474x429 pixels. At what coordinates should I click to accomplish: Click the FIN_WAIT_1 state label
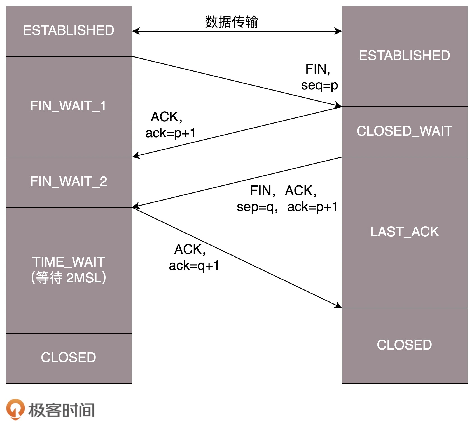coord(68,106)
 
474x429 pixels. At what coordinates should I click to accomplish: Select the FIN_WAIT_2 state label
coord(68,181)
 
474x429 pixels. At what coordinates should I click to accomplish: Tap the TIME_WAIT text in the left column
coord(68,262)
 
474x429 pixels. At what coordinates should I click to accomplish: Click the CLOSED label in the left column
coord(68,357)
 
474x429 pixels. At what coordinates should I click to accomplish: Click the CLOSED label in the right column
coord(404,345)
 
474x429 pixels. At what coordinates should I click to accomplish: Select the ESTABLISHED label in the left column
coord(68,30)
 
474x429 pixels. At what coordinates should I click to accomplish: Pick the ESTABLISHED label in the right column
coord(404,55)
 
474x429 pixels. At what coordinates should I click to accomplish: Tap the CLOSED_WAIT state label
coord(404,131)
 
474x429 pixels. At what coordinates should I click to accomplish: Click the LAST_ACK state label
coord(404,232)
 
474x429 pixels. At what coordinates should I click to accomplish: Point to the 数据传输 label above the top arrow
coord(231,22)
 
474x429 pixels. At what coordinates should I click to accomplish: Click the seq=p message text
coord(319,85)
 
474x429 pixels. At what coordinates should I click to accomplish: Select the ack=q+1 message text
coord(194,266)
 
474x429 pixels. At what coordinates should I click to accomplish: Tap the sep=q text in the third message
coord(255,207)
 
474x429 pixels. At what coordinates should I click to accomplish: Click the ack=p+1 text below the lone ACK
coord(170,133)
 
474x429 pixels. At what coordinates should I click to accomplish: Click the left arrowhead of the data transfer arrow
coord(136,31)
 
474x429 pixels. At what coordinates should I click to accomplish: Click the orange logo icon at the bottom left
coord(15,409)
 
